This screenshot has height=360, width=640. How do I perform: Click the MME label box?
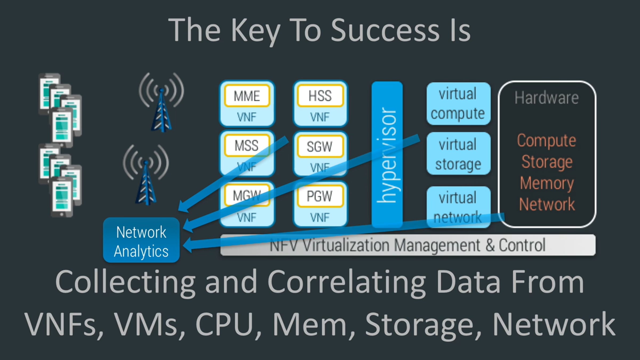click(x=247, y=96)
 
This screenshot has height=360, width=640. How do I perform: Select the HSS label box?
click(x=320, y=96)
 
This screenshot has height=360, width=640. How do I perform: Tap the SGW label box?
click(x=320, y=146)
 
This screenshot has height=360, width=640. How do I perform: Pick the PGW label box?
click(x=320, y=197)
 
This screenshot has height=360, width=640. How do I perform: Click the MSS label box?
click(x=247, y=146)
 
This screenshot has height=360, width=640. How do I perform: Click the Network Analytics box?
click(x=141, y=241)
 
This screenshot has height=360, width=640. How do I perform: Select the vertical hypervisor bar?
click(x=387, y=155)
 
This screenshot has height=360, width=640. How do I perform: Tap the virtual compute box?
click(x=458, y=103)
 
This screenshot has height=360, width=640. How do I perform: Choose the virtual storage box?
click(x=458, y=154)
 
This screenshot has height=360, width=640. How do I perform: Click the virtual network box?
click(x=458, y=207)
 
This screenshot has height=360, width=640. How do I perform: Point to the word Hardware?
click(x=547, y=98)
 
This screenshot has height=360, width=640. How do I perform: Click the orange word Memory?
click(x=547, y=183)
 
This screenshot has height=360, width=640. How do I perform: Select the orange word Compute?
click(x=547, y=141)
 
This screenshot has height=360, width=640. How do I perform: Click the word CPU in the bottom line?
click(x=225, y=324)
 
